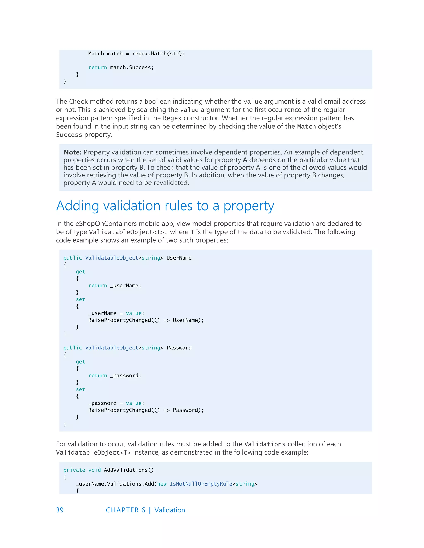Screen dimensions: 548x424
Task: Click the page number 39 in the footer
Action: tap(60, 510)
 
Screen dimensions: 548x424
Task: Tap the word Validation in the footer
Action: tap(170, 510)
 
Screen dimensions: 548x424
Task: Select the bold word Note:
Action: tap(72, 152)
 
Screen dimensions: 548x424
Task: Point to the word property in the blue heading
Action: tap(249, 206)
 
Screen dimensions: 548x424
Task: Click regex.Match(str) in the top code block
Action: tap(158, 54)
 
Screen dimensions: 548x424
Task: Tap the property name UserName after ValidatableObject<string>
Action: tap(179, 258)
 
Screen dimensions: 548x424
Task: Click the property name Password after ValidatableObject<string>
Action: tap(179, 348)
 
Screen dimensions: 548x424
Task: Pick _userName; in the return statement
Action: tap(126, 286)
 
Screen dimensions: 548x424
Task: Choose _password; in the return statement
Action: tap(126, 376)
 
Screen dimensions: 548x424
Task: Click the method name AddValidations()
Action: tap(129, 470)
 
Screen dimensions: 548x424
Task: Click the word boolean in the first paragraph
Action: tap(158, 102)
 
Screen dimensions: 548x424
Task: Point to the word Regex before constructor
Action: tap(172, 118)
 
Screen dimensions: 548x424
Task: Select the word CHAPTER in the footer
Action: tap(122, 510)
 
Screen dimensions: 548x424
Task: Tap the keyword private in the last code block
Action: tap(74, 470)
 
